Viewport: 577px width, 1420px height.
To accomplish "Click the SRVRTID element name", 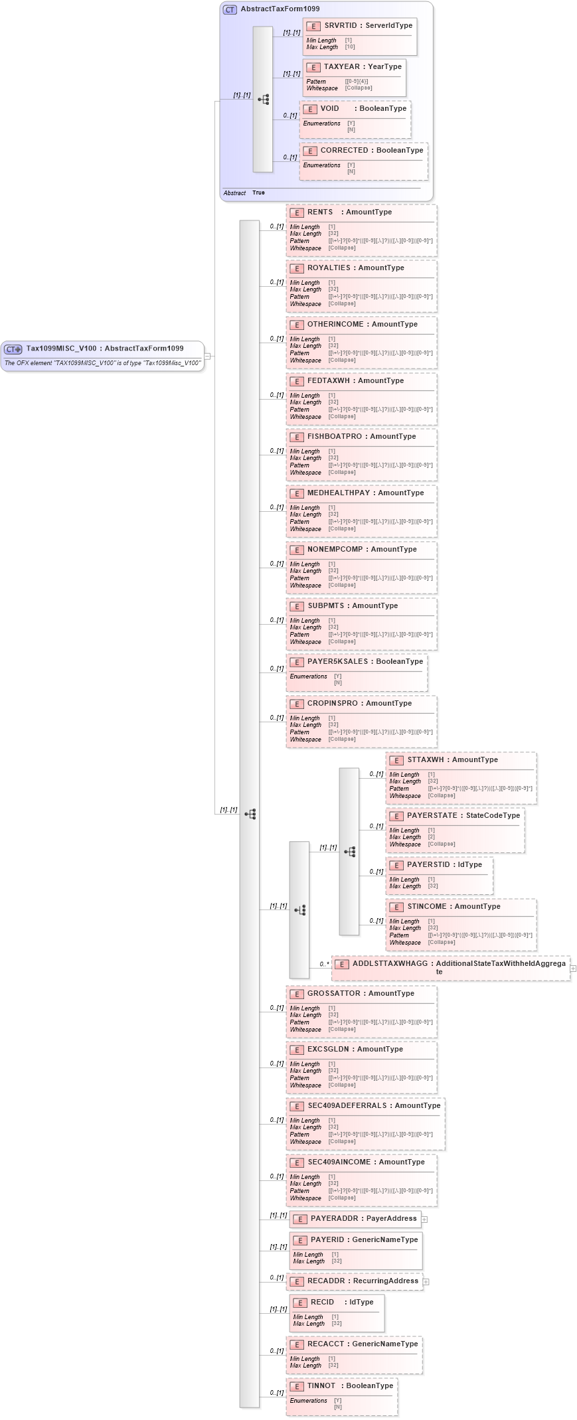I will coord(340,26).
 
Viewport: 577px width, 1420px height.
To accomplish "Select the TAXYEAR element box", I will coord(354,77).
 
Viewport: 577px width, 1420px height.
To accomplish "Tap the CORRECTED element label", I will coord(344,151).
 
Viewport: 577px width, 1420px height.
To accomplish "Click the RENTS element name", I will coord(320,212).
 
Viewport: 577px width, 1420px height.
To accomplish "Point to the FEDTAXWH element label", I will coord(328,381).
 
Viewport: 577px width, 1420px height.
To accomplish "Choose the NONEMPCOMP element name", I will coord(335,550).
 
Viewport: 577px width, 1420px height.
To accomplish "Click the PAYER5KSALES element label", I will coord(337,662).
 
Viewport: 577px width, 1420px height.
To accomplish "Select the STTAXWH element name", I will coord(425,760).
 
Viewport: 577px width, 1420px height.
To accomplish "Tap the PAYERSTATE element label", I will coord(432,816).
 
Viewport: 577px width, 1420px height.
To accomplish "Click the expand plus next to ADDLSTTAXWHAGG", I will coord(573,969).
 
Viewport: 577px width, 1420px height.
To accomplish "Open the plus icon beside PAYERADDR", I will coord(424,1220).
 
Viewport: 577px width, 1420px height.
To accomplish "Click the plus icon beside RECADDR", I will coord(426,1282).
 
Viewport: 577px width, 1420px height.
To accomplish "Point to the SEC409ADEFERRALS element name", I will coord(347,1106).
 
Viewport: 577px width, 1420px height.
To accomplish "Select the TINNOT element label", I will coord(321,1386).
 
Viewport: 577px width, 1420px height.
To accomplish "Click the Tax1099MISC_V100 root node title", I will coord(61,349).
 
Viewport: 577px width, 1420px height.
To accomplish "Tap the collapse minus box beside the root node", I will coord(207,356).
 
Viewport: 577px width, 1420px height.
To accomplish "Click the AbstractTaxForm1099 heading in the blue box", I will coord(280,9).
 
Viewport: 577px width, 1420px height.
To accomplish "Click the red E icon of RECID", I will coord(299,1303).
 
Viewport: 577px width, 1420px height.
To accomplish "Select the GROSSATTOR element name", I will coord(333,994).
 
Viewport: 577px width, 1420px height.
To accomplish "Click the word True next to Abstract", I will coord(258,193).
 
